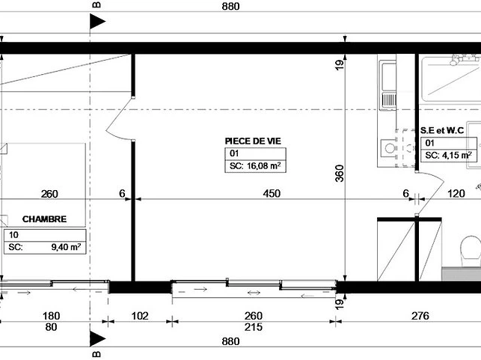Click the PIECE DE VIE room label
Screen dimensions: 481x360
pyautogui.click(x=253, y=141)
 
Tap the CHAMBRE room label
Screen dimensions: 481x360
pyautogui.click(x=44, y=219)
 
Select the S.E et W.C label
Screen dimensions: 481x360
pyautogui.click(x=442, y=130)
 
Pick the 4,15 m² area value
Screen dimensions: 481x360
pyautogui.click(x=457, y=155)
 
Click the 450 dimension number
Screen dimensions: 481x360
pyautogui.click(x=272, y=193)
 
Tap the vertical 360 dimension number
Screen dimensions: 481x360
pyautogui.click(x=340, y=174)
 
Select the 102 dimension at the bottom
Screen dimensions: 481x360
pyautogui.click(x=140, y=316)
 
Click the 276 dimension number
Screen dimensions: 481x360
pyautogui.click(x=420, y=316)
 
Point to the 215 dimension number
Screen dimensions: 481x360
pyautogui.click(x=254, y=327)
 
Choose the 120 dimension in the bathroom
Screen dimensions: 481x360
pyautogui.click(x=456, y=193)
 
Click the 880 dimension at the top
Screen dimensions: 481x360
pyautogui.click(x=230, y=6)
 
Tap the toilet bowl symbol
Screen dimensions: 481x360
pyautogui.click(x=471, y=251)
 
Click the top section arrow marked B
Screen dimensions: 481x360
pyautogui.click(x=97, y=22)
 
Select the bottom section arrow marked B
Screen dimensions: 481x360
pyautogui.click(x=97, y=339)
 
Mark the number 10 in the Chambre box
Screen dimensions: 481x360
pyautogui.click(x=13, y=235)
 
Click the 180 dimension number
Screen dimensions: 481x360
pyautogui.click(x=51, y=316)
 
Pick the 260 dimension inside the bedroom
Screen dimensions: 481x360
pyautogui.click(x=49, y=194)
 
